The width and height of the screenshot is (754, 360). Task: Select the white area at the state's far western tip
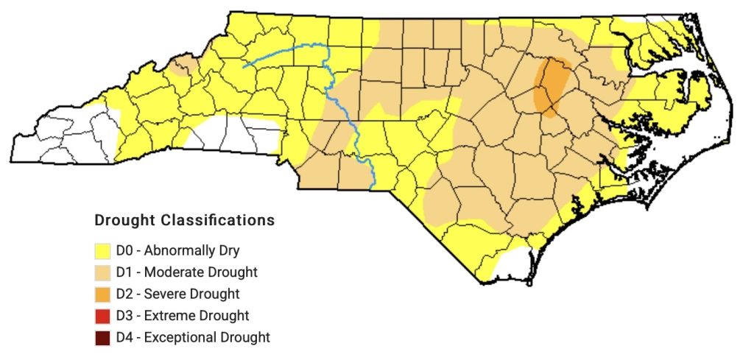(66, 136)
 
